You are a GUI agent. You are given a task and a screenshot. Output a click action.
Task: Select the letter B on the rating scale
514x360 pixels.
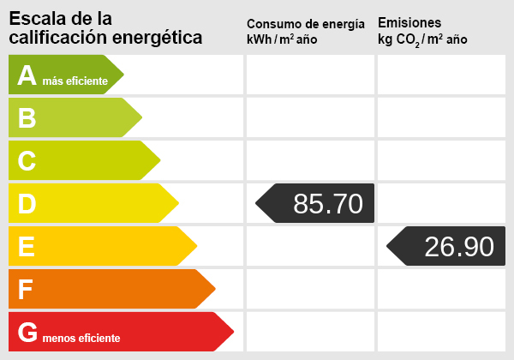click(27, 118)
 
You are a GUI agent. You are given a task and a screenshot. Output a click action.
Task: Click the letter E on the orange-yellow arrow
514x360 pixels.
click(27, 247)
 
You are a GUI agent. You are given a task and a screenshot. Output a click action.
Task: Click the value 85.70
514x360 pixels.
click(327, 204)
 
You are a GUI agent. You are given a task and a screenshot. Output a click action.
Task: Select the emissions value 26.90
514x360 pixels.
click(459, 247)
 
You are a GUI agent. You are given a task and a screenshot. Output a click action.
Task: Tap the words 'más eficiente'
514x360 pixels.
click(75, 81)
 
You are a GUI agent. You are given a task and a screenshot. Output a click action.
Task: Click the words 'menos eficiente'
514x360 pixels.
click(81, 338)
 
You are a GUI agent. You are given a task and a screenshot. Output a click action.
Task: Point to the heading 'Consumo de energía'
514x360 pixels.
click(305, 24)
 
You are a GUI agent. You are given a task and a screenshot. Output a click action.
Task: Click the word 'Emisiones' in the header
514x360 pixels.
click(409, 22)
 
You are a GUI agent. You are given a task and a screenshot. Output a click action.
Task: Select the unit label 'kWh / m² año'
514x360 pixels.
click(282, 40)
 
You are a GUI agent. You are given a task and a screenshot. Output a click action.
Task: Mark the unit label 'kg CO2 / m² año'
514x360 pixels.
click(422, 40)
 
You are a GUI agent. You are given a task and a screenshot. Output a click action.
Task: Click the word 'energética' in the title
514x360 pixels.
click(160, 38)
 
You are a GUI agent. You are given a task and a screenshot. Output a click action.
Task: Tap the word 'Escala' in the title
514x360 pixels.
click(33, 18)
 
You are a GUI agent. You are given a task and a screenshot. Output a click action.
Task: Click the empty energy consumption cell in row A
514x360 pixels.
click(310, 75)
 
